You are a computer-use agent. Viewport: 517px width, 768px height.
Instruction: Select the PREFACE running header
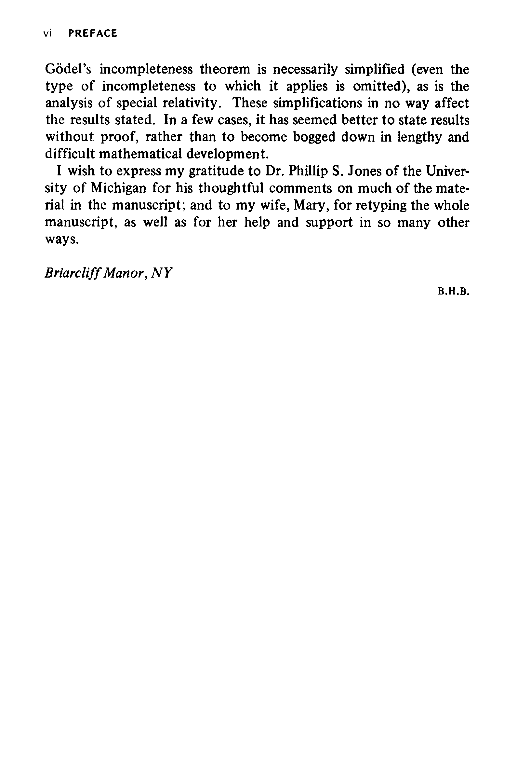(x=93, y=33)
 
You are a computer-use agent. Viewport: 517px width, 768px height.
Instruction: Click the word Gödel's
(x=68, y=69)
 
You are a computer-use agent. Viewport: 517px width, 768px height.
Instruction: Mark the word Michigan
(x=118, y=188)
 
